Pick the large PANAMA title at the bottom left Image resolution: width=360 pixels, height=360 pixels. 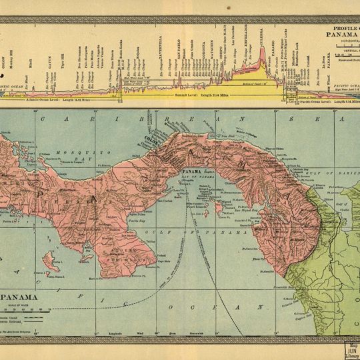point(20,299)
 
